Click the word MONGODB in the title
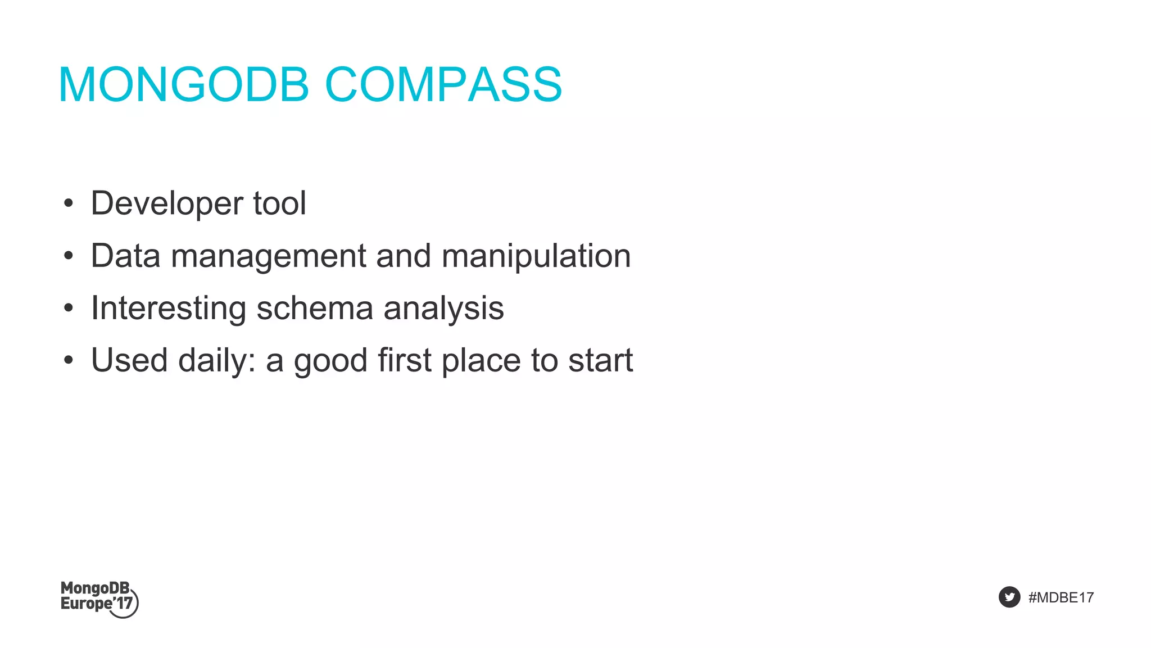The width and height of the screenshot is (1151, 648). pyautogui.click(x=184, y=85)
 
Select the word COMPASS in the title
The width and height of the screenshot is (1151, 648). pyautogui.click(x=443, y=85)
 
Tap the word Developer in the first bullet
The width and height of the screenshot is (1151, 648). pyautogui.click(x=167, y=204)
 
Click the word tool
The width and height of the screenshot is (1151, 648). pyautogui.click(x=279, y=203)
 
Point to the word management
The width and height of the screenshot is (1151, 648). pyautogui.click(x=269, y=256)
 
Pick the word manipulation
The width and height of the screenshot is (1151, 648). pyautogui.click(x=536, y=256)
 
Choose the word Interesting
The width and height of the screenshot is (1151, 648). pyautogui.click(x=169, y=309)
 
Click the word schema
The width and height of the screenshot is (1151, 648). pyautogui.click(x=315, y=309)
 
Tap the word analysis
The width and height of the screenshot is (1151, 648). pyautogui.click(x=443, y=309)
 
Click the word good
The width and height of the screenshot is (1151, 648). pyautogui.click(x=330, y=361)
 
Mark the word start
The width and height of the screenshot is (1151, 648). pyautogui.click(x=600, y=361)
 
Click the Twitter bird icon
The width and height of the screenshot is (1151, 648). pyautogui.click(x=1009, y=597)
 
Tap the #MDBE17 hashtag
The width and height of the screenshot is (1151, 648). pyautogui.click(x=1061, y=597)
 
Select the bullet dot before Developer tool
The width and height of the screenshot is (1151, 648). pyautogui.click(x=69, y=204)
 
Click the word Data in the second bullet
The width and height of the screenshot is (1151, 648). pyautogui.click(x=126, y=256)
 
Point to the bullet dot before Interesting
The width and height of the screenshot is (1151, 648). pyautogui.click(x=69, y=309)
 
